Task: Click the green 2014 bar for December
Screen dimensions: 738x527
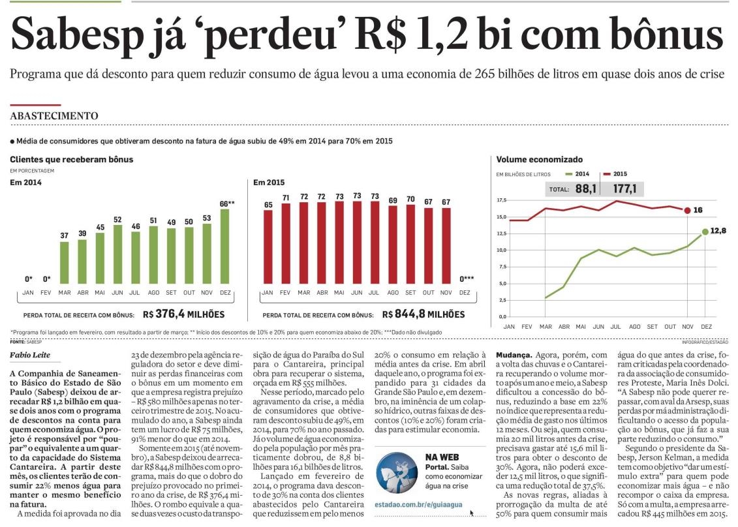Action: coord(225,247)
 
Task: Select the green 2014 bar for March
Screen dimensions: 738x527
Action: coord(64,263)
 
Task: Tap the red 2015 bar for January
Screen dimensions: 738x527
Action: coord(268,247)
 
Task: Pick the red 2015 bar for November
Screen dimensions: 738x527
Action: coord(446,246)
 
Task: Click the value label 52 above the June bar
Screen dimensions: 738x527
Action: coord(117,220)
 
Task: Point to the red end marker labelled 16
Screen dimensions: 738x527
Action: coord(687,210)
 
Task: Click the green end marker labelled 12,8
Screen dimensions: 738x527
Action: coord(705,232)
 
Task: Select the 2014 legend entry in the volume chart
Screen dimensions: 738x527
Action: coord(577,174)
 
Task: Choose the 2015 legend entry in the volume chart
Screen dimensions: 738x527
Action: coord(615,174)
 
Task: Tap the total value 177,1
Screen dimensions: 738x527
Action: coord(624,189)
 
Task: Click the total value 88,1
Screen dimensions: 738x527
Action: coord(585,189)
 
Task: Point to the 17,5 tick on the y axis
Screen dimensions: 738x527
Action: coord(501,200)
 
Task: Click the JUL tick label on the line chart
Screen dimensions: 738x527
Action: coord(615,327)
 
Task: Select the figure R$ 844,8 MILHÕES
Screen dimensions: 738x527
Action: coord(423,314)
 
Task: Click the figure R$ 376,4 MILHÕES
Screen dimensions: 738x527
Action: coord(184,314)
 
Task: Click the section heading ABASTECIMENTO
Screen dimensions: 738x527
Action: coord(54,115)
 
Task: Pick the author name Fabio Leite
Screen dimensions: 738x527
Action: coord(30,355)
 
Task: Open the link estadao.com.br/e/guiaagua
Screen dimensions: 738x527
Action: coord(418,504)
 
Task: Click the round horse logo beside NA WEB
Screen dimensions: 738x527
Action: coord(397,472)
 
